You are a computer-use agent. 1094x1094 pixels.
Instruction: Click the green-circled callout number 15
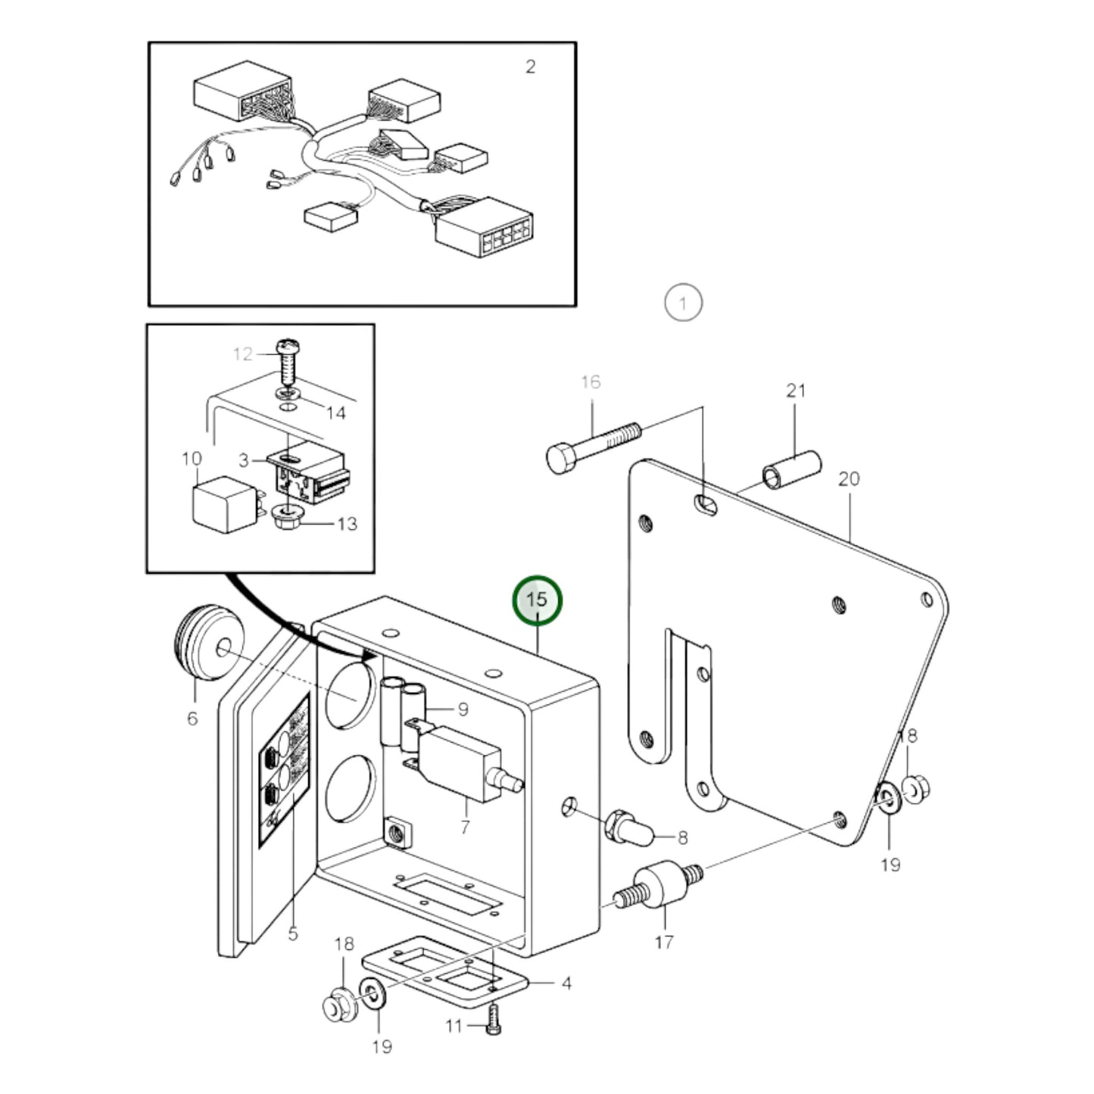coord(537,600)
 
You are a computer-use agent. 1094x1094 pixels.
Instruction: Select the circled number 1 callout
coord(683,304)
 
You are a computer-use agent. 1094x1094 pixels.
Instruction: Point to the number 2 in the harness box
coord(530,67)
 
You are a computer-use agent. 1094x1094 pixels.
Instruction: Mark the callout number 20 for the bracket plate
coord(849,479)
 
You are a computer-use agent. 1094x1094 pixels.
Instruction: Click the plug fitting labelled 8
coord(628,828)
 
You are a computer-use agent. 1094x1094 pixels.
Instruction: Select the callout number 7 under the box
coord(465,827)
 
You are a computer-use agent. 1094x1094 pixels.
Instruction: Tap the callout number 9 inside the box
coord(463,709)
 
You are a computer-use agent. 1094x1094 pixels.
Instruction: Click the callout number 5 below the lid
coord(293,933)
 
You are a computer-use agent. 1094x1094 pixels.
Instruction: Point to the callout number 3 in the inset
coord(243,460)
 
